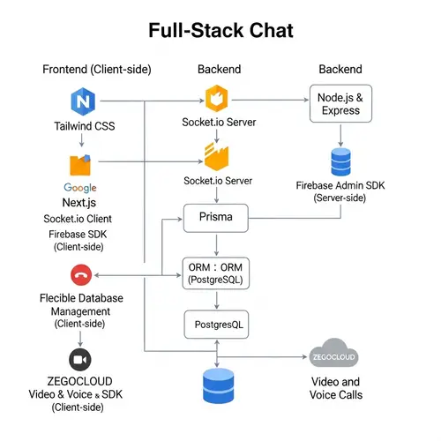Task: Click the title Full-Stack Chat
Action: pyautogui.click(x=220, y=31)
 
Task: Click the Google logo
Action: pyautogui.click(x=80, y=188)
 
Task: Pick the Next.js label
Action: pyautogui.click(x=80, y=202)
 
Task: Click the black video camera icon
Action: pyautogui.click(x=80, y=360)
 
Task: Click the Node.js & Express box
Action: pyautogui.click(x=340, y=103)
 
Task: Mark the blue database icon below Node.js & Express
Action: pyautogui.click(x=340, y=161)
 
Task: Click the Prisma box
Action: pyautogui.click(x=217, y=217)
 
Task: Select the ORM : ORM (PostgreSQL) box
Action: pyautogui.click(x=217, y=272)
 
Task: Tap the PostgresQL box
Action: pyautogui.click(x=217, y=325)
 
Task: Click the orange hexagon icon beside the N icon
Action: pyautogui.click(x=217, y=98)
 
